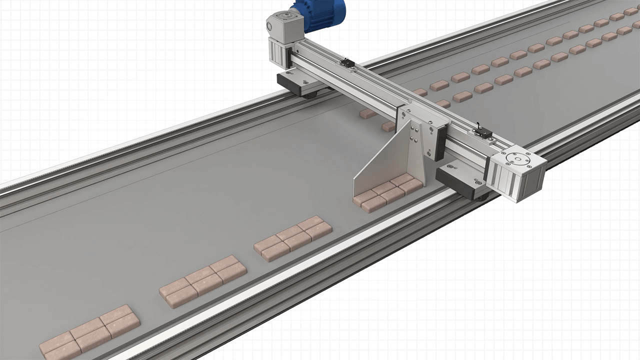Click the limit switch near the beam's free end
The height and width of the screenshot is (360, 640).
pos(482,133)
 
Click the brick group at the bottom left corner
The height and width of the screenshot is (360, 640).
pos(90,332)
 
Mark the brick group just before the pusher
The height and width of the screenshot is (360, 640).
pos(292,238)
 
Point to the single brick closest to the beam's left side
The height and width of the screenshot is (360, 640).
pos(368,114)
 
